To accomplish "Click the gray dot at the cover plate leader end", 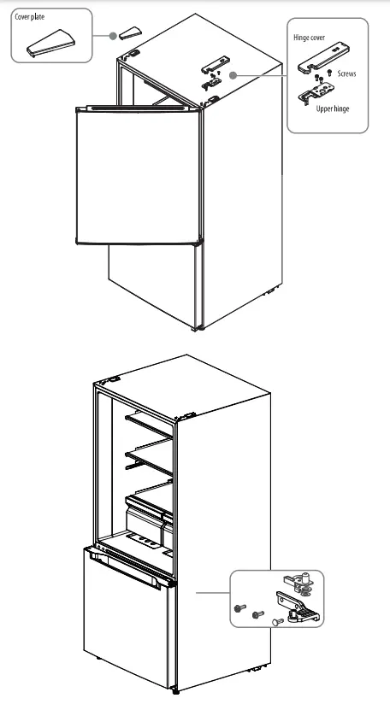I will click(x=112, y=36).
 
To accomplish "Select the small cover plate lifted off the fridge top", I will click(x=131, y=32).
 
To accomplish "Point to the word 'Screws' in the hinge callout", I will click(x=346, y=74).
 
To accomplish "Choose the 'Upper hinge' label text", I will click(x=332, y=109).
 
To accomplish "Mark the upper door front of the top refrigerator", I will click(x=137, y=175).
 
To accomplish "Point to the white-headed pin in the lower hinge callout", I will click(x=276, y=623).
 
